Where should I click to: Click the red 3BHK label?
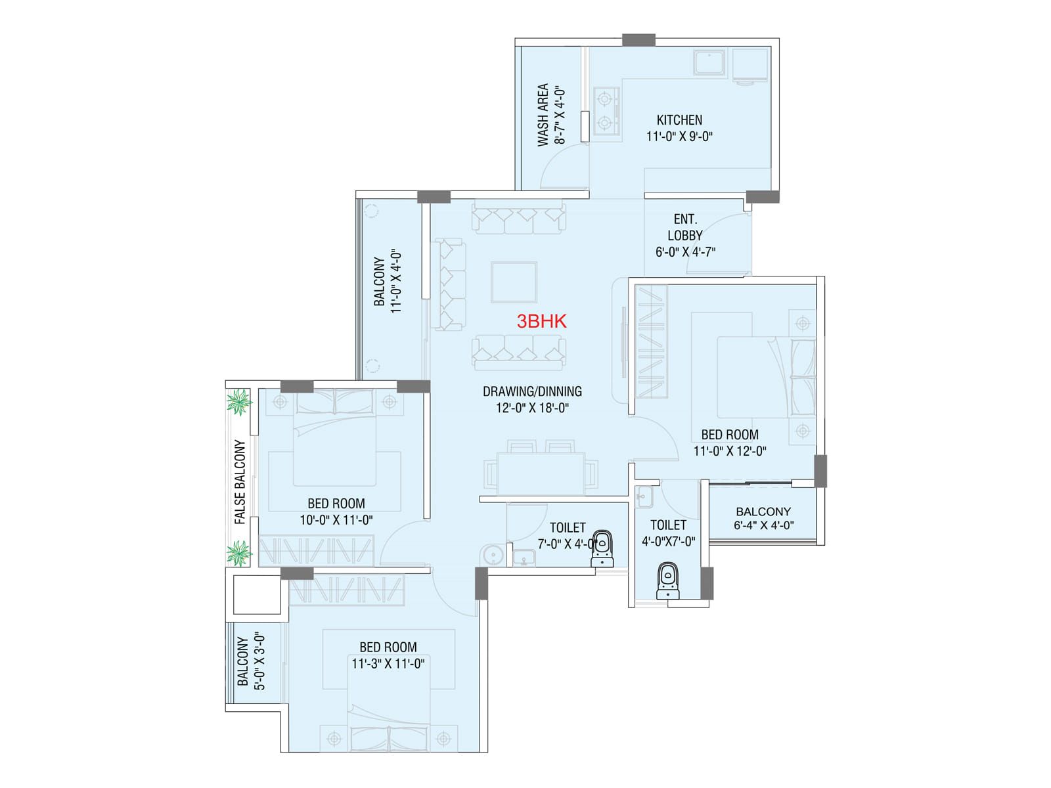(541, 322)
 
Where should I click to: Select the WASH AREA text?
(543, 115)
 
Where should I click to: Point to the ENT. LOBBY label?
(685, 227)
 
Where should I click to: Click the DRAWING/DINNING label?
(532, 391)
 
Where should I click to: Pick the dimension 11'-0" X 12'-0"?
(730, 450)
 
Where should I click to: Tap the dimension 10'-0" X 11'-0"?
(336, 519)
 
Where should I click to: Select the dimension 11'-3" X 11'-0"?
(388, 664)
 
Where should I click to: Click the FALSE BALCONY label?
(240, 482)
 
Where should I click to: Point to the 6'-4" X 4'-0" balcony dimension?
(763, 525)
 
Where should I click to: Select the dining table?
(541, 473)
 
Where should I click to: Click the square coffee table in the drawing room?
(514, 282)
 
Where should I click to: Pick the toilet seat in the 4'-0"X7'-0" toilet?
(667, 581)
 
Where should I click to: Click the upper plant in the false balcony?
(238, 401)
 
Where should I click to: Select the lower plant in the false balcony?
(238, 553)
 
